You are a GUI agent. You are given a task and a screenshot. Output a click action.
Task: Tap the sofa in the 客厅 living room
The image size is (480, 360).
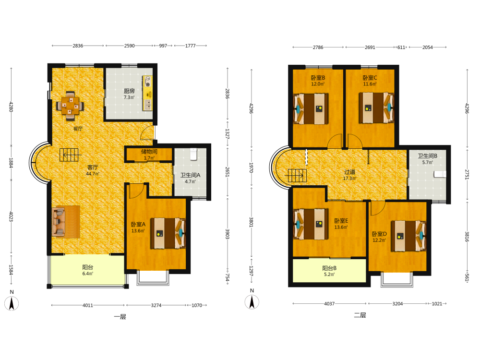pyautogui.click(x=59, y=222)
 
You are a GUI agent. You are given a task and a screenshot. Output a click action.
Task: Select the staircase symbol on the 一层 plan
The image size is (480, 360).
pyautogui.click(x=69, y=155)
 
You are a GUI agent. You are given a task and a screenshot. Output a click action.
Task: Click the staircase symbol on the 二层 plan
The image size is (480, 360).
pyautogui.click(x=297, y=175)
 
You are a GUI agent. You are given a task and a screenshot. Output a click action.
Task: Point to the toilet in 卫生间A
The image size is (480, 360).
pyautogui.click(x=193, y=154)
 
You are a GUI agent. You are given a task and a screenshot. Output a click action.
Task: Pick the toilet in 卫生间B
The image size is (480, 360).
pyautogui.click(x=440, y=174)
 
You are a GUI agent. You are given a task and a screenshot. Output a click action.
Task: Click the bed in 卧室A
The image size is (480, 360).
pyautogui.click(x=168, y=233)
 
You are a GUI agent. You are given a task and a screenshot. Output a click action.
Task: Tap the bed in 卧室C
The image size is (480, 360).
pyautogui.click(x=376, y=108)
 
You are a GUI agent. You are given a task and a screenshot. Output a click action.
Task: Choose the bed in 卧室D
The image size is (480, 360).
pyautogui.click(x=408, y=236)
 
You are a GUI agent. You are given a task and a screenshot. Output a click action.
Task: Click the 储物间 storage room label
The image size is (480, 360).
pyautogui.click(x=149, y=152)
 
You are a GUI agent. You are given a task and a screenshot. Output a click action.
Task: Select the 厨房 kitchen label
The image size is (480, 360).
pyautogui.click(x=129, y=91)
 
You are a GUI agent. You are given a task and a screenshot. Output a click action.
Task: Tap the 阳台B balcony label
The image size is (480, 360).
pyautogui.click(x=329, y=268)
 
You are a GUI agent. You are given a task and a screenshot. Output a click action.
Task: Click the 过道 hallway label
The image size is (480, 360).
pyautogui.click(x=349, y=172)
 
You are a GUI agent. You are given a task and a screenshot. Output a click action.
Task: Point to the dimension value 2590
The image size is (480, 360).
pyautogui.click(x=129, y=46)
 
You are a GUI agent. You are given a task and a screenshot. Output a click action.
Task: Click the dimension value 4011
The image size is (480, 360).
pyautogui.click(x=88, y=305)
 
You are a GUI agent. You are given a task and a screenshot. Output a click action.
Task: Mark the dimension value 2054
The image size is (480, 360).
pyautogui.click(x=428, y=47)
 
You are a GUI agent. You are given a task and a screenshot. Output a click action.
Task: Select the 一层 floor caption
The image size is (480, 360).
pyautogui.click(x=120, y=317)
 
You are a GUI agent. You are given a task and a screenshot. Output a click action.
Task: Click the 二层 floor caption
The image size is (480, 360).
pyautogui.click(x=360, y=315)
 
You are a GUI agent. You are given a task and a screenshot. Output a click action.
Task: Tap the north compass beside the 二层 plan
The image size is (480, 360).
pyautogui.click(x=252, y=302)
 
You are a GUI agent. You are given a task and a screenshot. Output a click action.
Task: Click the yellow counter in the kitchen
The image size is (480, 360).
pyautogui.click(x=148, y=93)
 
